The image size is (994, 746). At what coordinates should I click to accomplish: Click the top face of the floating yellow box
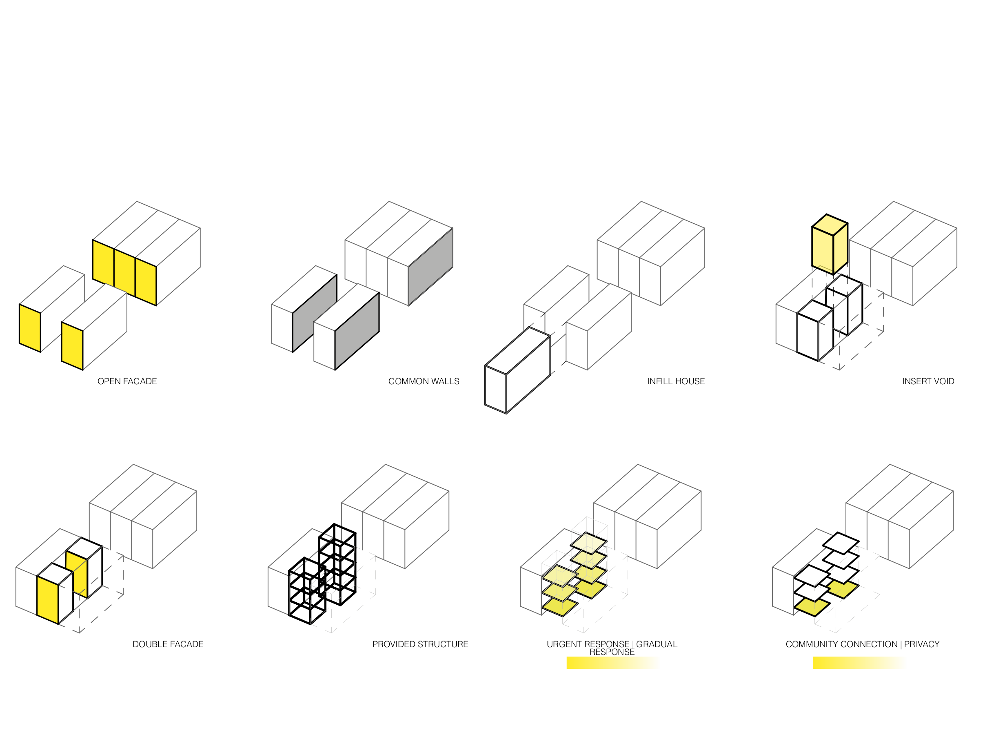coord(830,225)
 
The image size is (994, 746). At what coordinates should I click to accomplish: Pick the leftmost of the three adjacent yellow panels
coord(103,263)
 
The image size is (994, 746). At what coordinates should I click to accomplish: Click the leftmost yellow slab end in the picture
coord(30,328)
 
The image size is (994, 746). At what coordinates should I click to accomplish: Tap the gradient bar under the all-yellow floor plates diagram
coord(613,663)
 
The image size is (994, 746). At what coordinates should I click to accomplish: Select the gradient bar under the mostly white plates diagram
coord(859,663)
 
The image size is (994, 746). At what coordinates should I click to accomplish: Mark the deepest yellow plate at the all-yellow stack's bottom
coord(559,607)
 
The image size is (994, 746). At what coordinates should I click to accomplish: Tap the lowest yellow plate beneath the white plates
coord(811,608)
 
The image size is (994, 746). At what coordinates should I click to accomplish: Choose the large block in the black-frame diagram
coord(395,517)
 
